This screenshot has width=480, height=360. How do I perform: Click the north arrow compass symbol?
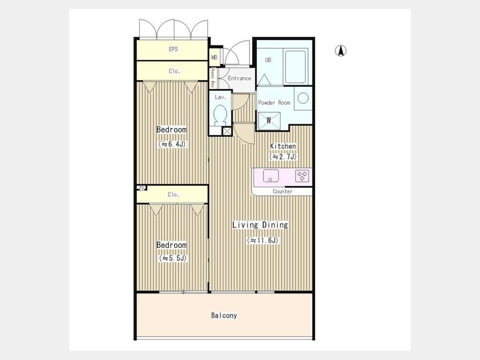(x=340, y=51)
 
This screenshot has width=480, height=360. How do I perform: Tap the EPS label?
(x=173, y=49)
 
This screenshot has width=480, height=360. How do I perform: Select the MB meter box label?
(x=214, y=57)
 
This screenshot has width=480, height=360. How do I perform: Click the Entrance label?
(x=239, y=78)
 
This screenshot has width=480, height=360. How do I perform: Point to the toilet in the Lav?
(x=220, y=115)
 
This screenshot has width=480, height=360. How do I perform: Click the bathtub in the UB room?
(x=295, y=67)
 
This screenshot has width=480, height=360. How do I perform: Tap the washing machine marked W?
(x=269, y=121)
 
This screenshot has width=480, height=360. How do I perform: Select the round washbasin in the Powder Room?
(x=303, y=98)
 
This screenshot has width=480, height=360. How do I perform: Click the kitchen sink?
(x=271, y=175)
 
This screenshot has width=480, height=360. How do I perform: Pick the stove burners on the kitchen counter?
(x=302, y=176)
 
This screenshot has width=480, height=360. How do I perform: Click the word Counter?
(x=282, y=191)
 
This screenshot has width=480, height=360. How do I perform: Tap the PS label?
(x=141, y=188)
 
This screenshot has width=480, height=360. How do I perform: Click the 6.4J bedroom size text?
(x=172, y=144)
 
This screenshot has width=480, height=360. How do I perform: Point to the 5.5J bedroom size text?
(x=172, y=258)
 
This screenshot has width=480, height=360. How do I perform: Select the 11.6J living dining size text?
(x=262, y=241)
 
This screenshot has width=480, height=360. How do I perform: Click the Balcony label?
(x=224, y=315)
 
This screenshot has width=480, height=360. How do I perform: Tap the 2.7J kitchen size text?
(x=283, y=157)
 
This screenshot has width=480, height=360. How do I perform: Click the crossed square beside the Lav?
(x=227, y=132)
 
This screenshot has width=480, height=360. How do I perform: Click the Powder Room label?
(x=274, y=102)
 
